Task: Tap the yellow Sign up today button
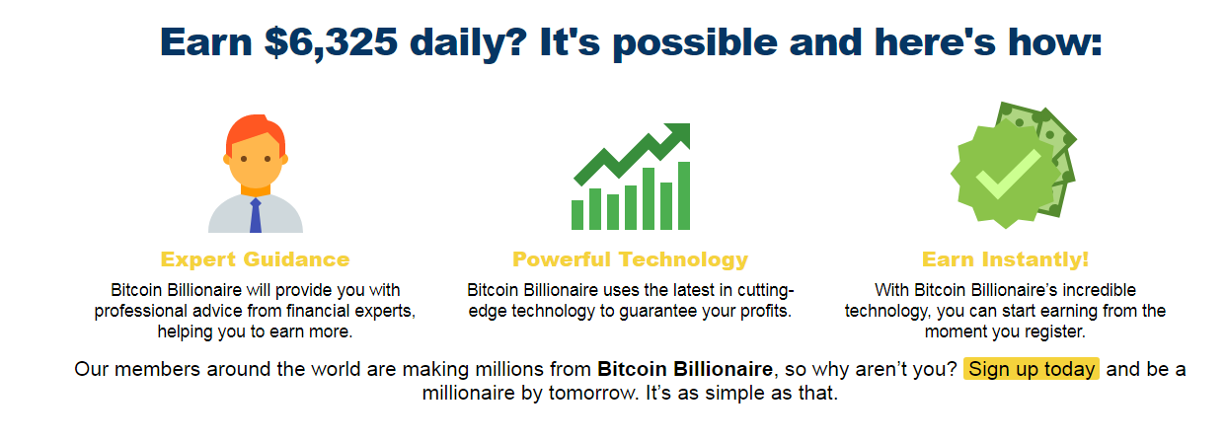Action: point(1031,370)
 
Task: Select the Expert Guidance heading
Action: point(255,259)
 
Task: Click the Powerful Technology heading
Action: point(630,259)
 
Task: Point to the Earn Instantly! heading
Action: point(1005,259)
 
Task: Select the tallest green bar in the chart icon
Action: point(683,195)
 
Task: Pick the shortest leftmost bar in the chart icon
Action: point(577,214)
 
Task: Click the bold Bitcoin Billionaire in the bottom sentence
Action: point(684,370)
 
